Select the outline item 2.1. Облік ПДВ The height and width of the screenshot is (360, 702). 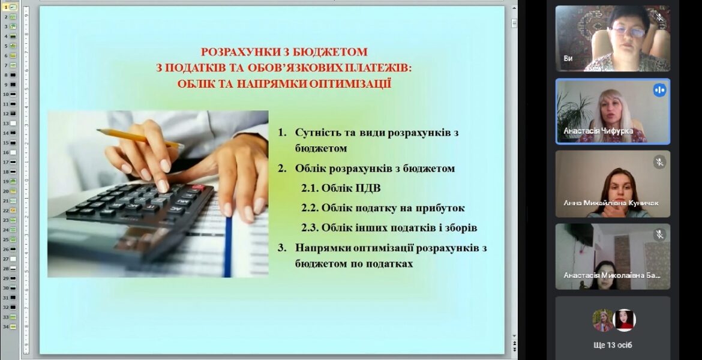tap(341, 188)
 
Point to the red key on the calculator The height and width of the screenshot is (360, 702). tap(199, 188)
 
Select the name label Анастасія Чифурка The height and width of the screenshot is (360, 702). tap(598, 131)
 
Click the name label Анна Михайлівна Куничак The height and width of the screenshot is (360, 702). tap(611, 203)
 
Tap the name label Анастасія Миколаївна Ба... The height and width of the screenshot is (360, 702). tap(611, 275)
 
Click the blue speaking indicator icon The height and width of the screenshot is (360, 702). tap(659, 90)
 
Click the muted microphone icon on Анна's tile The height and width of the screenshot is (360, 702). tap(659, 161)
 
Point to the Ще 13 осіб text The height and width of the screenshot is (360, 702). tap(613, 345)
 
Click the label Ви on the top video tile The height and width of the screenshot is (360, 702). tap(568, 59)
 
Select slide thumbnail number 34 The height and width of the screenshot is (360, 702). tap(10, 326)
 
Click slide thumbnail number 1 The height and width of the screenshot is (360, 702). tap(10, 7)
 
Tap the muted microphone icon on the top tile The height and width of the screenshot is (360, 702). tap(659, 17)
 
